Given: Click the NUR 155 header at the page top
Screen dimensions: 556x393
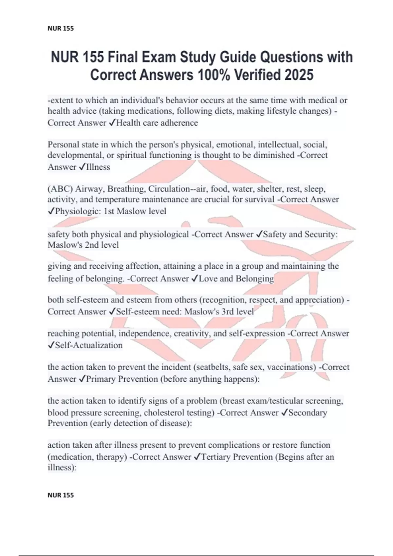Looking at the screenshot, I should tap(61, 28).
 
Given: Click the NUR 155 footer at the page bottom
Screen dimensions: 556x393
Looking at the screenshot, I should tap(61, 495).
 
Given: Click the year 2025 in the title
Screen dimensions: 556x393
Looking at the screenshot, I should tap(299, 75).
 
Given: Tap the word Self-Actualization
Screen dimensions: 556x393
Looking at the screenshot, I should tap(89, 345).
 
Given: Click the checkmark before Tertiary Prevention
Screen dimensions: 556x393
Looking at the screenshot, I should tap(197, 457).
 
